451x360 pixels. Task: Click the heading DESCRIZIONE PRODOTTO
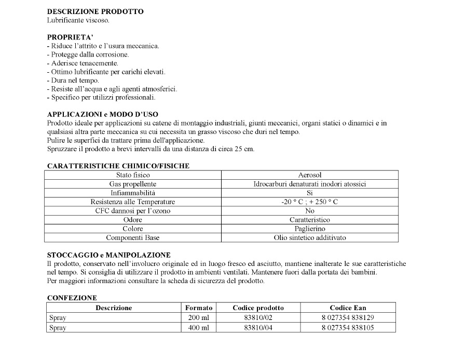click(95, 11)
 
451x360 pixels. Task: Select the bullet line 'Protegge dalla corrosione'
click(88, 55)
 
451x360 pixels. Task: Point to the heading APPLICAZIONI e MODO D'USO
click(103, 114)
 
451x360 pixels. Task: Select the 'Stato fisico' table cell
click(133, 175)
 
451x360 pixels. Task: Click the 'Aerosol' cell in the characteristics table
click(310, 175)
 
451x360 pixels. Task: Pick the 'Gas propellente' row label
click(133, 184)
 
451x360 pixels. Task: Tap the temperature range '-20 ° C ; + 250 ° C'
click(310, 202)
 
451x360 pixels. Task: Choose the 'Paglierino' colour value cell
click(310, 229)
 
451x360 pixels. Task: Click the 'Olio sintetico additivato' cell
click(310, 237)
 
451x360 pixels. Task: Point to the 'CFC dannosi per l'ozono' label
click(133, 211)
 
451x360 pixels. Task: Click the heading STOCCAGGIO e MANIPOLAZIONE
click(109, 255)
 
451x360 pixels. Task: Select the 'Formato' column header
click(199, 308)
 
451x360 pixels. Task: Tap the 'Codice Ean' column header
click(348, 308)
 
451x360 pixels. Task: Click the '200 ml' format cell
click(199, 317)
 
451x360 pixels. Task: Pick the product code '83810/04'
click(258, 328)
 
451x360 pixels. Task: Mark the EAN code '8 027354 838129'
click(348, 317)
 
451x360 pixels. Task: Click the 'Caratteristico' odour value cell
click(310, 220)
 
